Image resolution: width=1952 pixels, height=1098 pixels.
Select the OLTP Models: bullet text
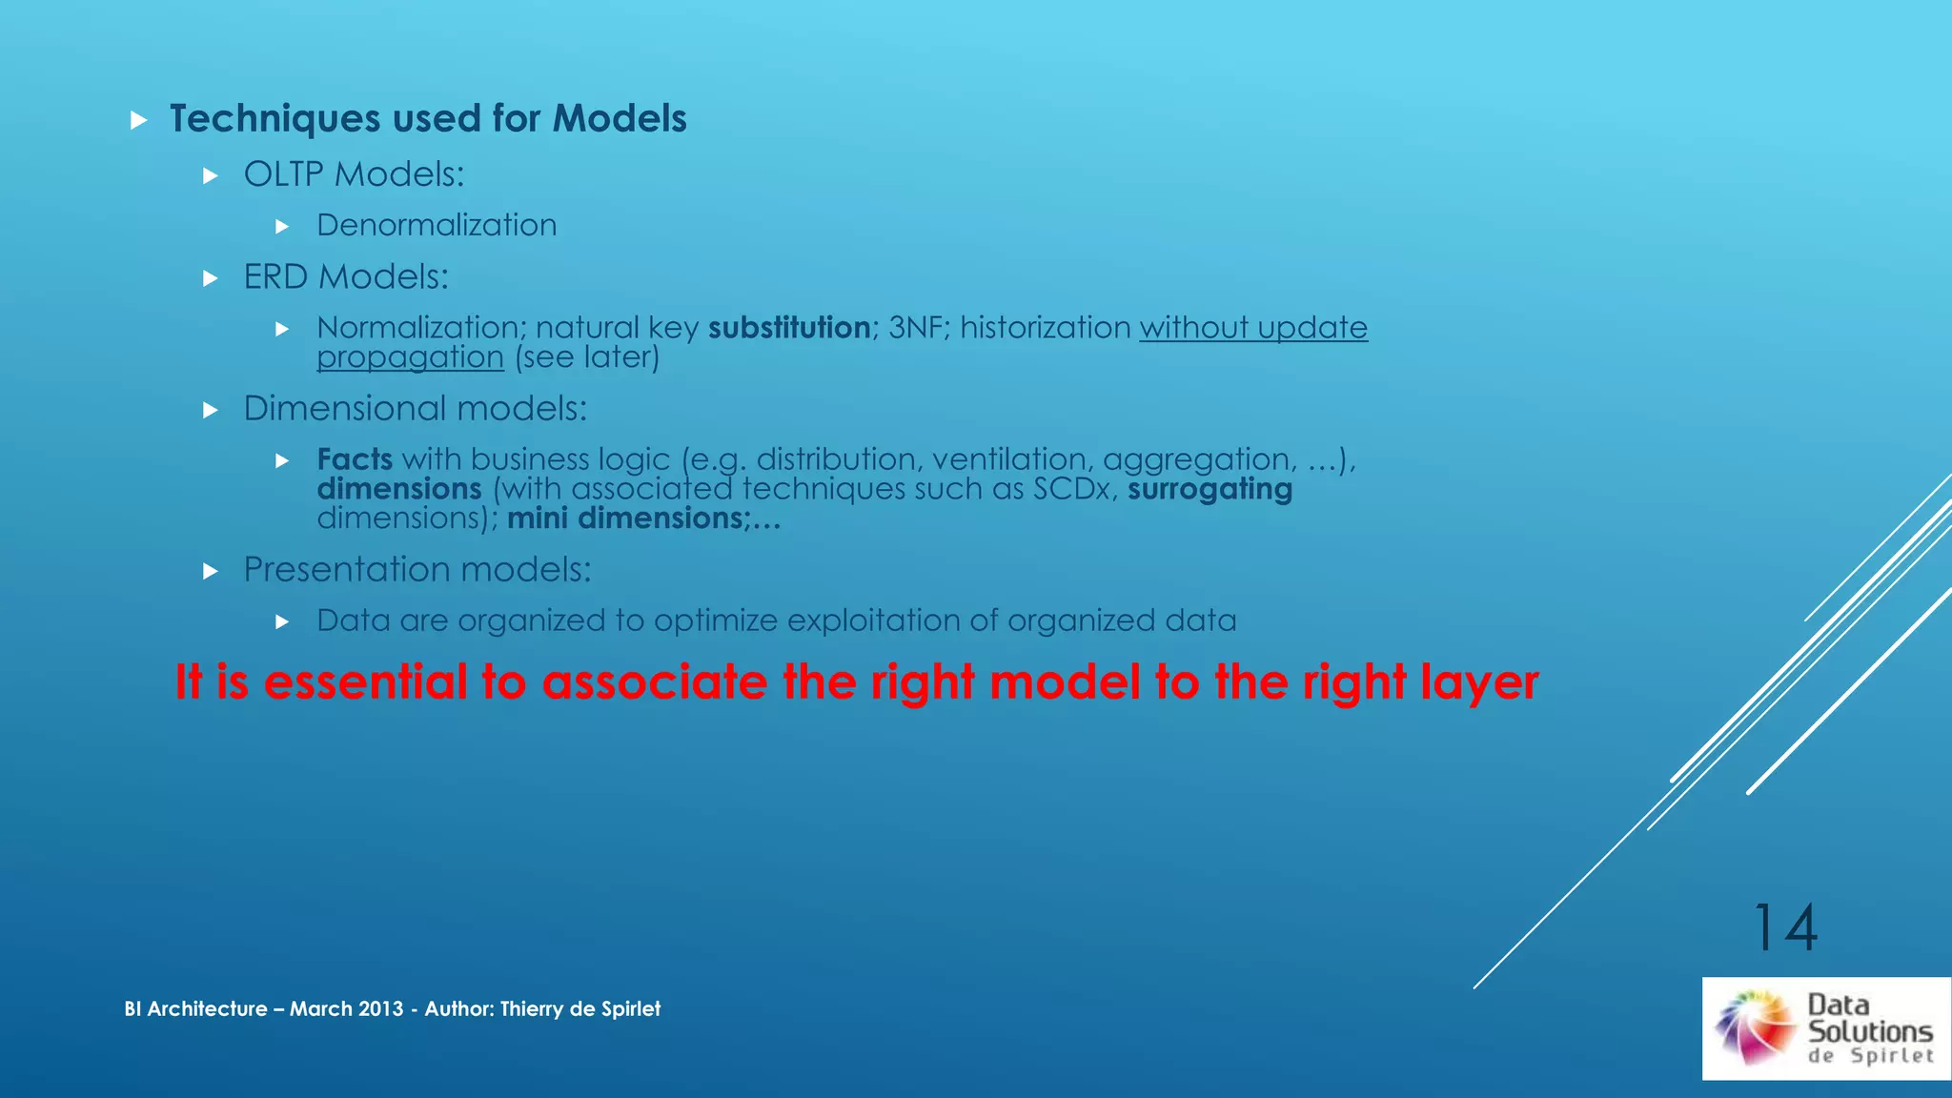(x=354, y=174)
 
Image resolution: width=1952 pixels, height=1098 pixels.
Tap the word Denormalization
(x=437, y=225)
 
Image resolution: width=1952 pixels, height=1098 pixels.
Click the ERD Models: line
(x=345, y=277)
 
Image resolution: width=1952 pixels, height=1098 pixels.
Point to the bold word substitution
(x=788, y=328)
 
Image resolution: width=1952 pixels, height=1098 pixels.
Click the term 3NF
(x=915, y=328)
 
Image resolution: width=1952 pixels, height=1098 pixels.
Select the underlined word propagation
(x=410, y=358)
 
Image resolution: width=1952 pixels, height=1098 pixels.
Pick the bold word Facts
(x=355, y=459)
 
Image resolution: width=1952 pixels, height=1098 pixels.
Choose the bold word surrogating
(x=1210, y=489)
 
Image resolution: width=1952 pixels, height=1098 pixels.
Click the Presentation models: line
(x=417, y=570)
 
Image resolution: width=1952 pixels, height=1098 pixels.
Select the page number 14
(x=1785, y=927)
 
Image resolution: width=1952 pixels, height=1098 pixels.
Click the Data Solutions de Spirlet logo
(x=1825, y=1028)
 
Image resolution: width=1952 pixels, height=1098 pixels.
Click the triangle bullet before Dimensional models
(x=211, y=411)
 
